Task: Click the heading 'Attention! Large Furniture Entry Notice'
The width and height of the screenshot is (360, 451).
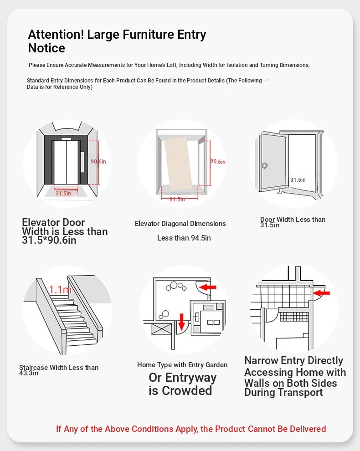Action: click(x=117, y=41)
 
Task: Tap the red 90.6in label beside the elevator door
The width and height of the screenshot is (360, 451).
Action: click(x=98, y=161)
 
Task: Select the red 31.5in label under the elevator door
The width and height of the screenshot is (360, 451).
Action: click(x=63, y=193)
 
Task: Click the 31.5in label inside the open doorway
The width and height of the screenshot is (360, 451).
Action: click(x=298, y=179)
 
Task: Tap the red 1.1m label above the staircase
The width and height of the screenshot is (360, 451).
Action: click(x=60, y=289)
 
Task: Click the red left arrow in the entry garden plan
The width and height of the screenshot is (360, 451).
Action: click(x=208, y=287)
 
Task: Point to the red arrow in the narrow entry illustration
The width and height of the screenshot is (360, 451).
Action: click(x=321, y=292)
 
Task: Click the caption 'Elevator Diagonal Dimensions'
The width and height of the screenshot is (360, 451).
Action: click(x=180, y=224)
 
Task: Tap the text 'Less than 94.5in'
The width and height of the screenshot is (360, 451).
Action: click(x=184, y=238)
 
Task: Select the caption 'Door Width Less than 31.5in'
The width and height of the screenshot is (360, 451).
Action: click(x=293, y=222)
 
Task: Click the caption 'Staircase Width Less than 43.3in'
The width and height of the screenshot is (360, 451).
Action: click(x=58, y=370)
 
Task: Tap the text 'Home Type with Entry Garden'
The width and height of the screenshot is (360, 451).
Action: click(x=182, y=365)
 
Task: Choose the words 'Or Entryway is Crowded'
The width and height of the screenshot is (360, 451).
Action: click(x=182, y=384)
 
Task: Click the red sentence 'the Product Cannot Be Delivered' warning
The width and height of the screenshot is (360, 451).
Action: click(x=191, y=429)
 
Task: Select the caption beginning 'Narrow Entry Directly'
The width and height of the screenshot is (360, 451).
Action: click(x=295, y=376)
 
